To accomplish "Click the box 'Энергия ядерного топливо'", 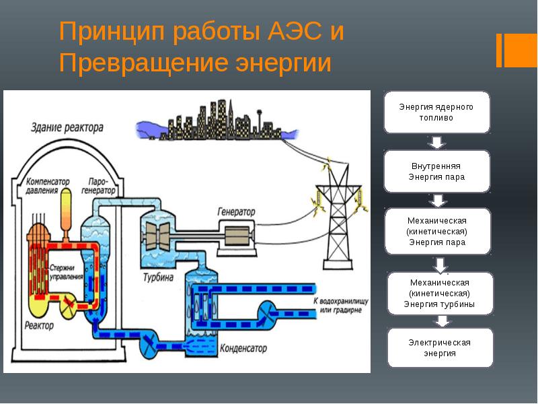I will (x=436, y=112).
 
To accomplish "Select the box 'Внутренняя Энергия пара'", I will (x=436, y=171).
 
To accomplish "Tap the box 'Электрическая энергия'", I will (x=440, y=347).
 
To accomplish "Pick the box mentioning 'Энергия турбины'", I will (x=440, y=293).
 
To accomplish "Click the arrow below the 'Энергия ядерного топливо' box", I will (x=436, y=141).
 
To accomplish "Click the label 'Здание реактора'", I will (x=67, y=127).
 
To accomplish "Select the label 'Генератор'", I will (x=236, y=211).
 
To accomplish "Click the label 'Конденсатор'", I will (x=243, y=349).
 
